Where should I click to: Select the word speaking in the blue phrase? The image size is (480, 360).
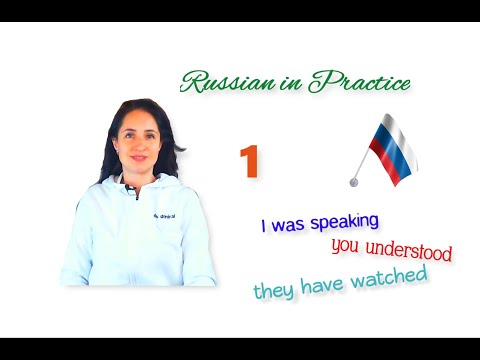(341, 221)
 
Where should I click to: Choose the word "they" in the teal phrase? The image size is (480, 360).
(272, 291)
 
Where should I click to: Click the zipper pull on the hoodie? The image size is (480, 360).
(137, 194)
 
